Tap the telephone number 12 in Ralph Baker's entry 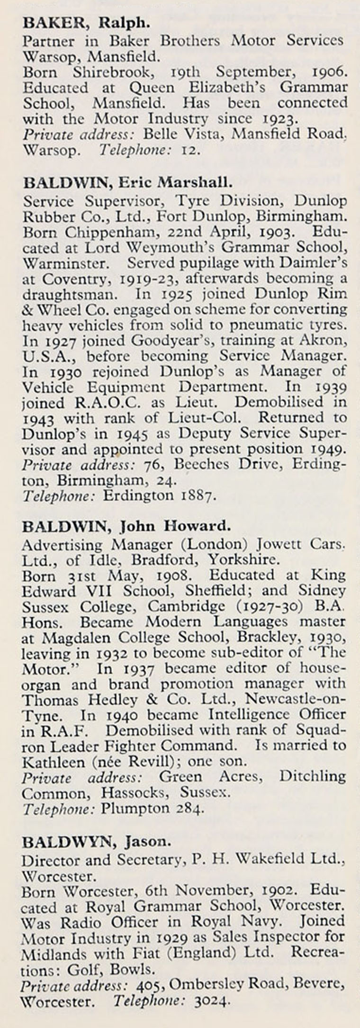(x=191, y=150)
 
